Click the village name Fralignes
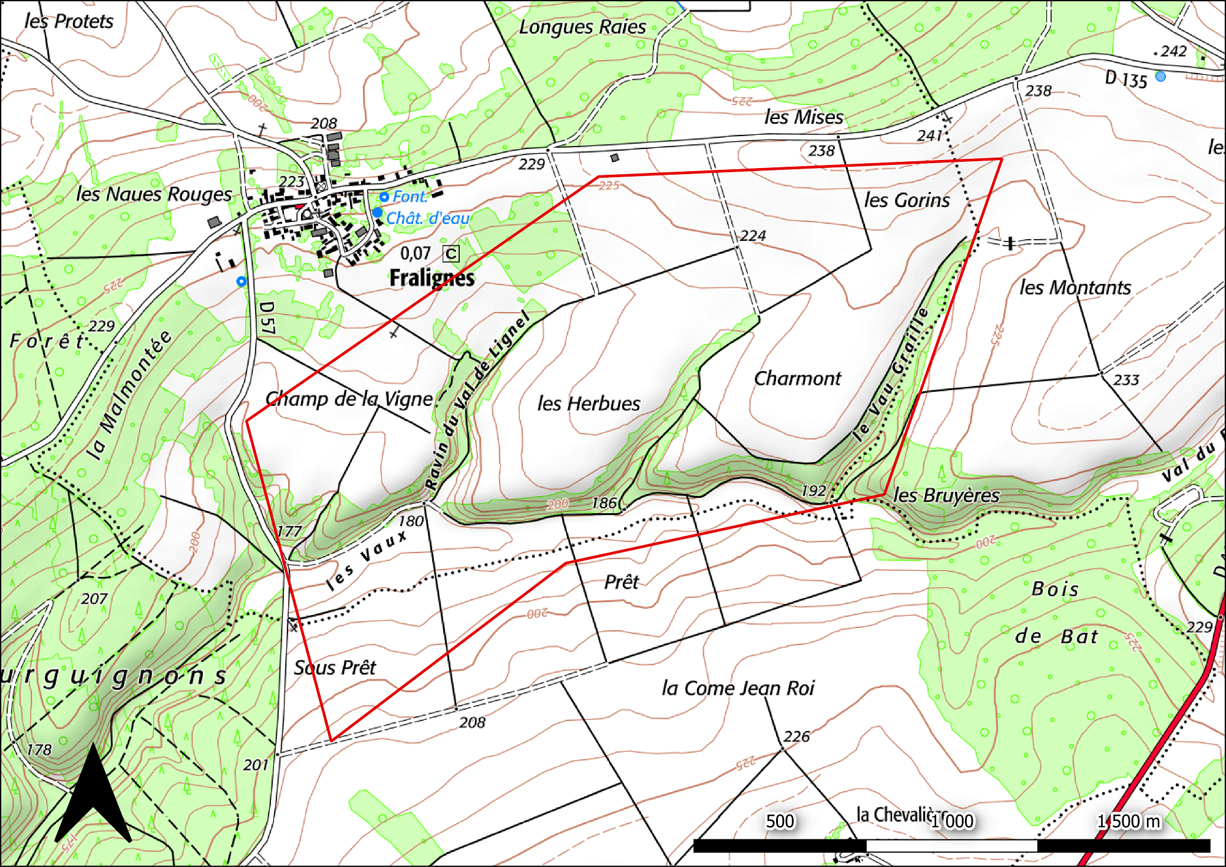(432, 278)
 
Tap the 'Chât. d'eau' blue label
(427, 218)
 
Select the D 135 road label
(1125, 79)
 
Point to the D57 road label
(267, 318)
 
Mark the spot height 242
(1173, 52)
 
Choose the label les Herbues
(588, 403)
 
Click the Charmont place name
(798, 378)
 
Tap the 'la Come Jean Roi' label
(737, 688)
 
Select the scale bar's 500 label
(780, 821)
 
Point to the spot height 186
(604, 503)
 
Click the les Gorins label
(907, 200)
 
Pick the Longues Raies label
(582, 27)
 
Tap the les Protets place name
(69, 21)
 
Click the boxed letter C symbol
(451, 254)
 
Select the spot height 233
(1125, 380)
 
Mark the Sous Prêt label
(335, 667)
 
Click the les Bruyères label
(946, 495)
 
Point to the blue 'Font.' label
(409, 197)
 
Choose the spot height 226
(796, 736)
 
